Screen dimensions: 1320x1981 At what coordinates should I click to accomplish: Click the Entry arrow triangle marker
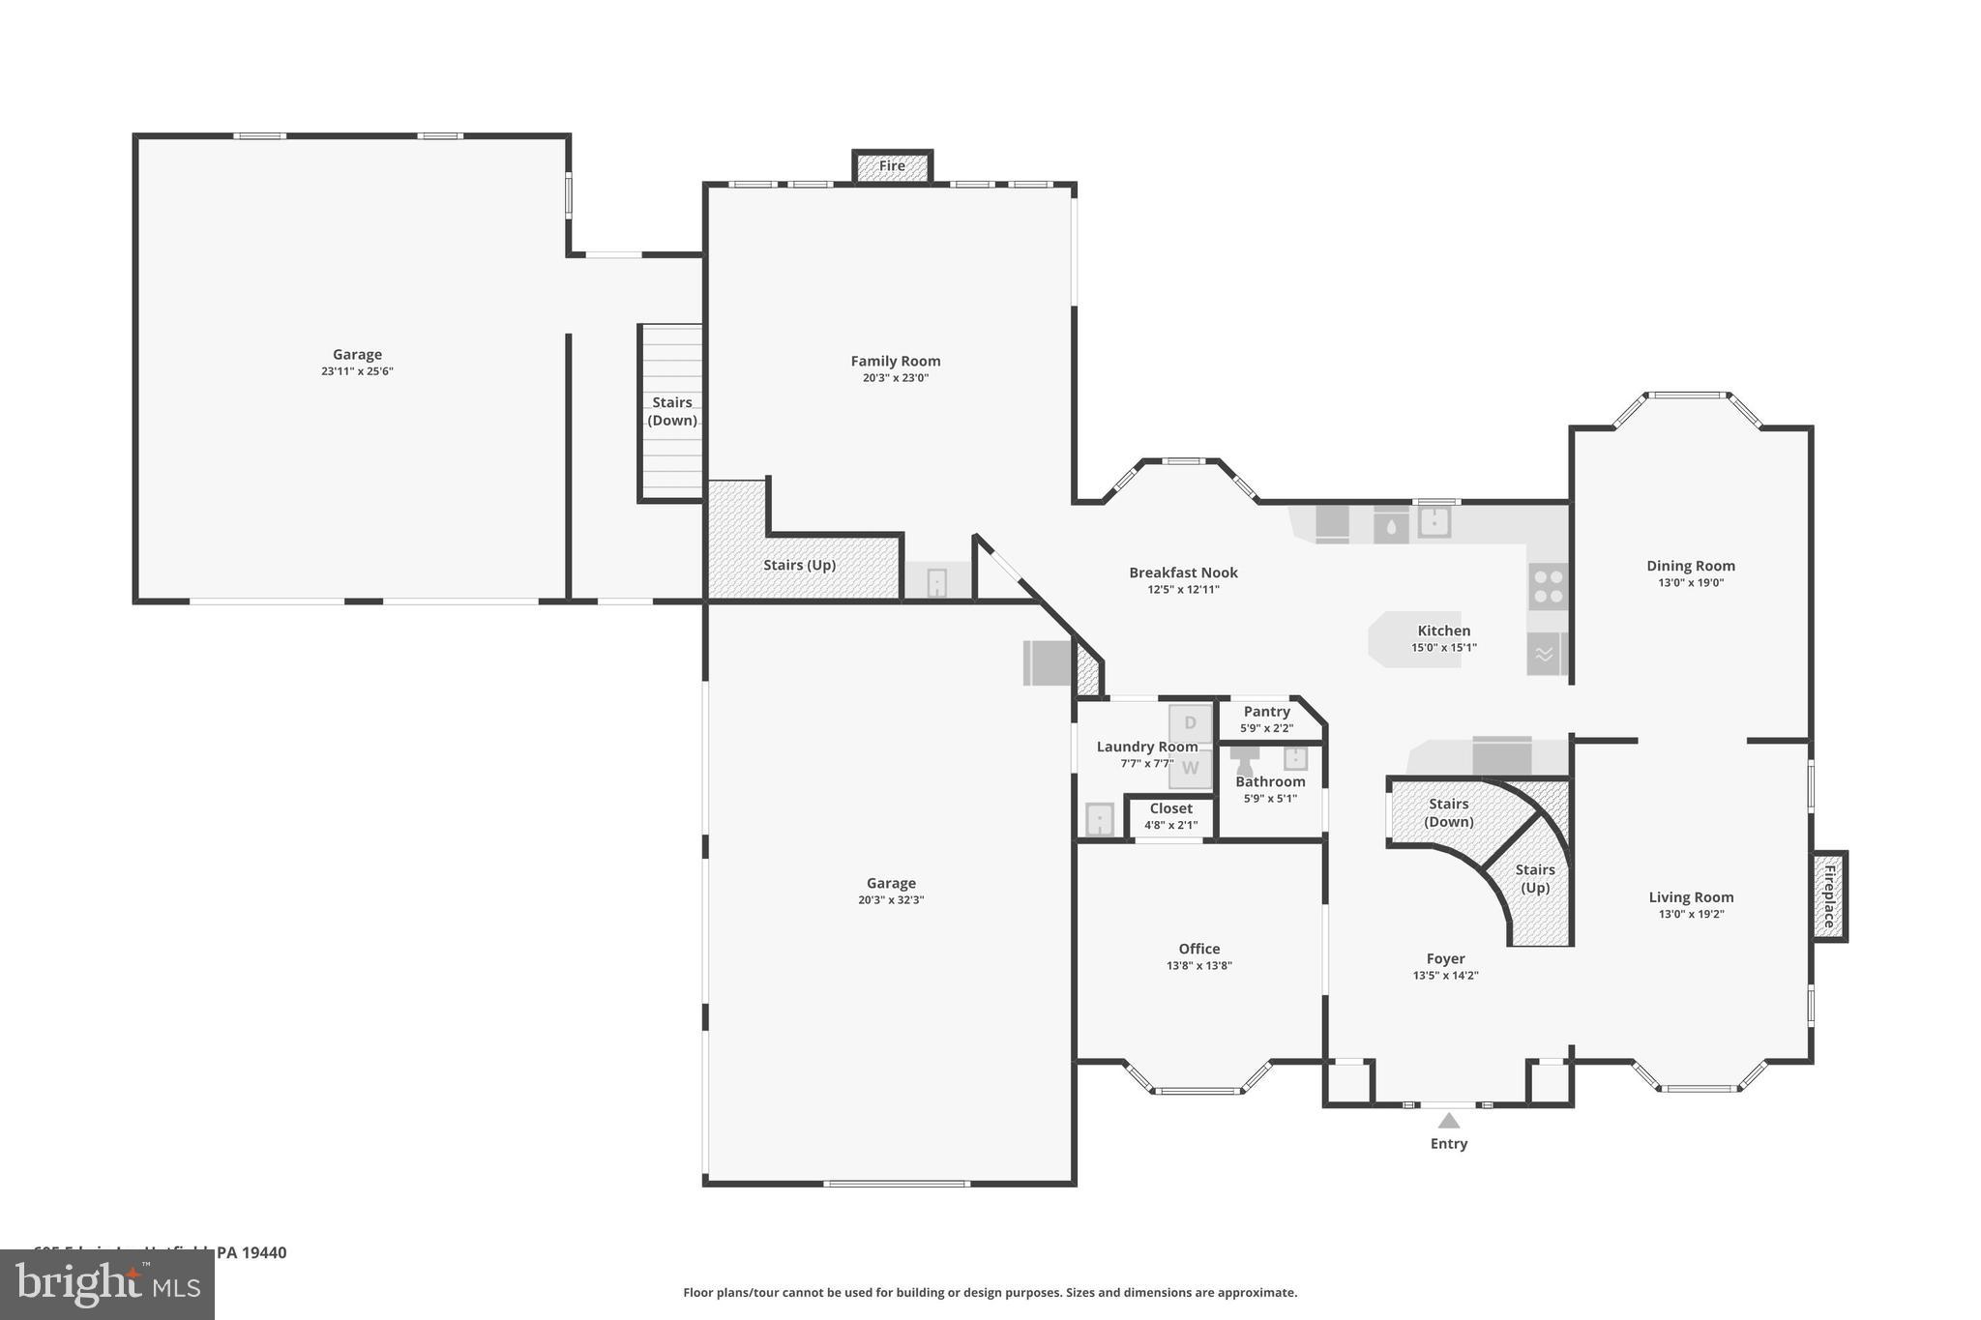pos(1448,1121)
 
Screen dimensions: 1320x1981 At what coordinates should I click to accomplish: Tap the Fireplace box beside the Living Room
pos(1829,895)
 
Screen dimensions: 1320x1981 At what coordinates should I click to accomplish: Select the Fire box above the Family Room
pos(892,166)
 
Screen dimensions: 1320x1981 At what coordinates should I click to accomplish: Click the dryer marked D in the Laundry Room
pos(1190,723)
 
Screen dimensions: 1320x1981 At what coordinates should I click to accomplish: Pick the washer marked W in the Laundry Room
pos(1190,769)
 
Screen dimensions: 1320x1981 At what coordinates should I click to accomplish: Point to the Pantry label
pos(1266,712)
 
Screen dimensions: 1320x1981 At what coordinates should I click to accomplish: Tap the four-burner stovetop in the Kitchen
pos(1548,586)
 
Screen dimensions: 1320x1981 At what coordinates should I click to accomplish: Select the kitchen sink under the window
pos(1434,521)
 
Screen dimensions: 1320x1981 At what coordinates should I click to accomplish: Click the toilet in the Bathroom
pos(1244,759)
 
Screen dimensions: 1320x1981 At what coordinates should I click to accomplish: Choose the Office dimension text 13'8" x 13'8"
pos(1198,965)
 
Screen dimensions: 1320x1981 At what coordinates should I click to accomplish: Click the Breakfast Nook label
pos(1183,572)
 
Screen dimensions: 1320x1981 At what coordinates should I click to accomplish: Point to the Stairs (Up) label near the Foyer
pos(1535,878)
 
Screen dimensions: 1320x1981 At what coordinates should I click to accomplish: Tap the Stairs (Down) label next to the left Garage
pos(671,411)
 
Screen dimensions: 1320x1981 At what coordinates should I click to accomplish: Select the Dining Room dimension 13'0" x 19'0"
pos(1690,582)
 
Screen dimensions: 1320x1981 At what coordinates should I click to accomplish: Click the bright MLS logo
pos(107,1284)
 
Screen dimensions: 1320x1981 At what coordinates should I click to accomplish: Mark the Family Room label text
pos(895,361)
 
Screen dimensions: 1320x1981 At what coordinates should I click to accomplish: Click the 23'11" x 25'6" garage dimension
pos(357,371)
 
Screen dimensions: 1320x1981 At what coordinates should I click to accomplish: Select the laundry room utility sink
pos(1099,819)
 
